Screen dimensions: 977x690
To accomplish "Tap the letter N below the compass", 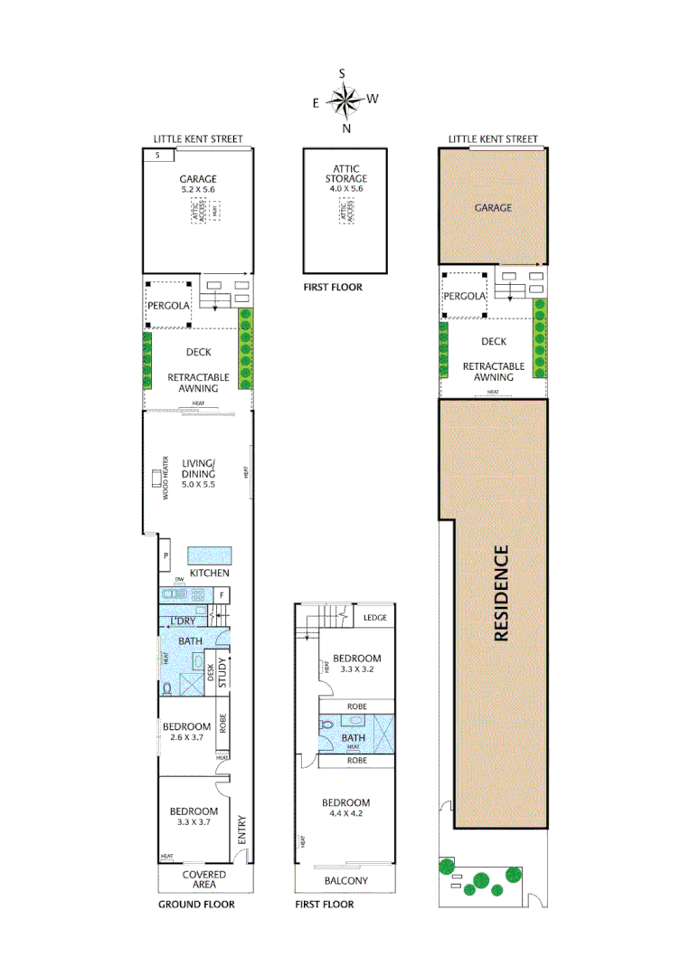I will (x=345, y=128).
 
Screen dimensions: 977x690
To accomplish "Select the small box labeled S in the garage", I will (x=158, y=156).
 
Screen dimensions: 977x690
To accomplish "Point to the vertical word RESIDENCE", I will (x=502, y=593).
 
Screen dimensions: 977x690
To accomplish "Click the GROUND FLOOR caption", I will (x=196, y=905).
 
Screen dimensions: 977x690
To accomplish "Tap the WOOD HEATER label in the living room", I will (x=165, y=478).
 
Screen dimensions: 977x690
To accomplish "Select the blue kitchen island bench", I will (x=210, y=554).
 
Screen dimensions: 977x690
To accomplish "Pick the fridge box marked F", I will (x=222, y=594).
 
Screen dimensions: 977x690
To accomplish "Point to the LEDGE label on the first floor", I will (x=374, y=618).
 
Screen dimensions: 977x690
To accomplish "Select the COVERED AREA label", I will (x=204, y=880).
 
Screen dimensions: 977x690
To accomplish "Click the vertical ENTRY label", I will (x=241, y=830).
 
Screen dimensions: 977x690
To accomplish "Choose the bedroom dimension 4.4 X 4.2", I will (x=346, y=815).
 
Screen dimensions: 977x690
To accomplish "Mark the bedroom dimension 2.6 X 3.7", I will (x=186, y=738).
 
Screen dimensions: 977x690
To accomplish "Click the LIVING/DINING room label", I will (x=197, y=472).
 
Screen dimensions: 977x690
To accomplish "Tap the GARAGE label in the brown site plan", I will (x=493, y=207).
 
